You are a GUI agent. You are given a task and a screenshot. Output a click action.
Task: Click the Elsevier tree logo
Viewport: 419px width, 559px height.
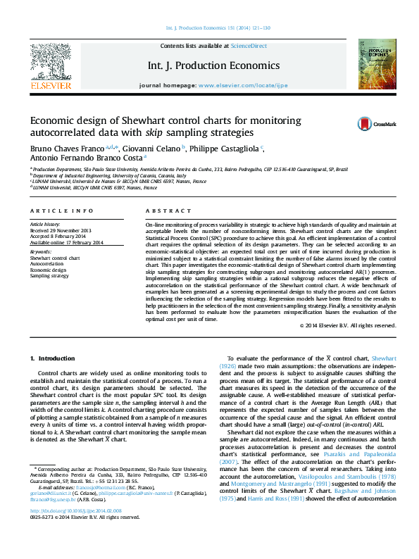pyautogui.click(x=50, y=63)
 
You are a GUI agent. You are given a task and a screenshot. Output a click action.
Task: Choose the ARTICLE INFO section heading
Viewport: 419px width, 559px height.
pyautogui.click(x=62, y=211)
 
